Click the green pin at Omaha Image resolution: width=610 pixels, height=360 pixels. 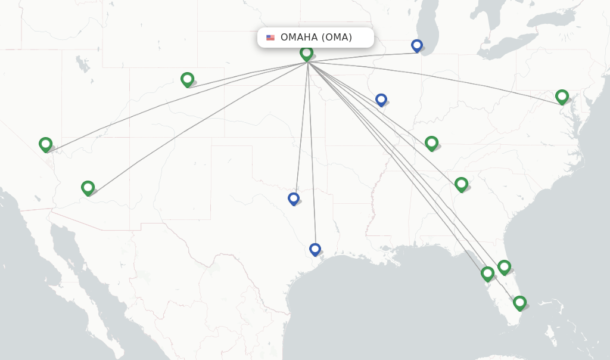pos(306,53)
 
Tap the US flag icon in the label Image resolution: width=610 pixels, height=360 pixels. pos(270,38)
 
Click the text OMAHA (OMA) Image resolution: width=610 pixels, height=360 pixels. pos(316,38)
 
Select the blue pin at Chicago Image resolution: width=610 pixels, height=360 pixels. pos(417,45)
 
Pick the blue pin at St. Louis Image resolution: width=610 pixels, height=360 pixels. pos(381,100)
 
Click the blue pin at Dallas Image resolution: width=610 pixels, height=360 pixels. pos(293,198)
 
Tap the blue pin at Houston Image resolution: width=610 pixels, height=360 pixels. pos(315,249)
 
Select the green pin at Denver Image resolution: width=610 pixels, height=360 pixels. pos(187,79)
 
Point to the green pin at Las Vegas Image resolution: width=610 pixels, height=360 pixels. pos(45,144)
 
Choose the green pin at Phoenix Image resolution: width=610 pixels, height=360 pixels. pos(88,188)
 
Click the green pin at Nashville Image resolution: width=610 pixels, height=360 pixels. pos(431,142)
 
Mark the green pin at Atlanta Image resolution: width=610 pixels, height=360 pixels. pos(461,184)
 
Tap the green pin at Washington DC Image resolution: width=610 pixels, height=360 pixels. pos(562,96)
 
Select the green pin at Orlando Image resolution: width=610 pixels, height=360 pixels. pos(504,266)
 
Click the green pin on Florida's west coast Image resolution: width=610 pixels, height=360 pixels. pos(487,273)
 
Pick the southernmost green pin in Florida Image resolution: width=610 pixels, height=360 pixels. pos(519,303)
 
